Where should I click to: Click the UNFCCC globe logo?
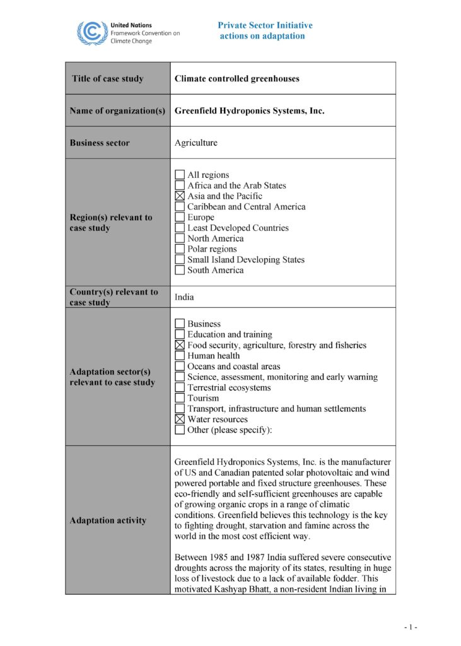tap(92, 32)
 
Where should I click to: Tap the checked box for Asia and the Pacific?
tap(180, 196)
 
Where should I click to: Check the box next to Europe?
tap(180, 218)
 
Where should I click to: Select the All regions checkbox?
tap(180, 175)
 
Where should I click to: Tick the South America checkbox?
tap(180, 271)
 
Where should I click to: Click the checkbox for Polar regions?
tap(180, 249)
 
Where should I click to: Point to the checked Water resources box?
tap(180, 420)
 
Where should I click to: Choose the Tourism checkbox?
tap(180, 398)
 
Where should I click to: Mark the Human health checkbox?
tap(180, 356)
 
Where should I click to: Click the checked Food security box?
tap(180, 345)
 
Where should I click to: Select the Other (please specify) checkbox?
tap(180, 430)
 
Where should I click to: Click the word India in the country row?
tap(184, 297)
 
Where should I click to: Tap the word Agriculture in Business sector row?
tap(195, 143)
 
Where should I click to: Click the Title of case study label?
tap(107, 79)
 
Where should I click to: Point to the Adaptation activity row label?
tap(108, 520)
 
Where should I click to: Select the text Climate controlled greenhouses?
tap(236, 79)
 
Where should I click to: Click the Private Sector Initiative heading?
tap(265, 25)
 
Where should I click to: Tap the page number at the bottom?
tap(411, 627)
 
